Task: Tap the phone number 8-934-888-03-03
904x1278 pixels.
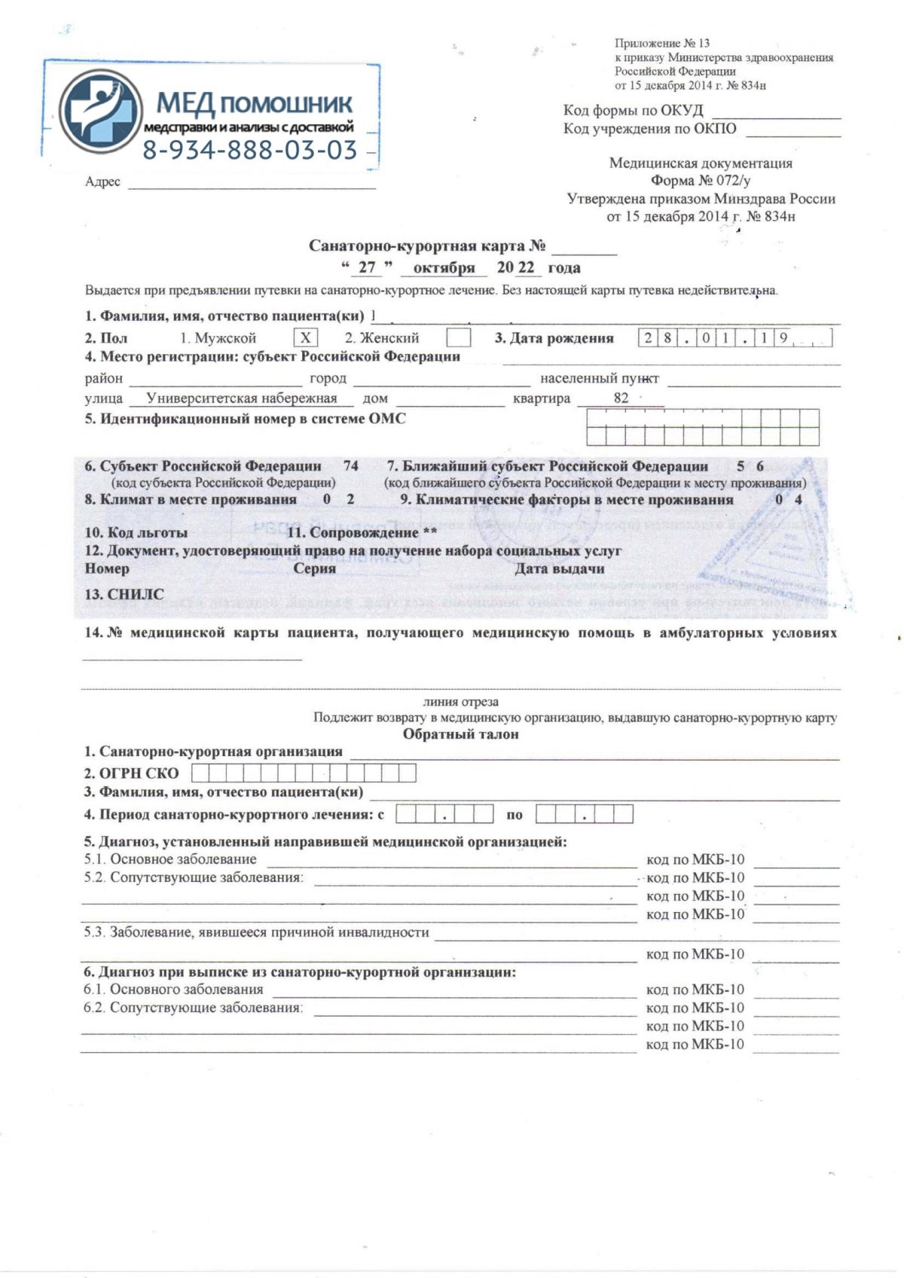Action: pos(250,151)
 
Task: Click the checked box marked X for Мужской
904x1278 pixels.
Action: pos(305,337)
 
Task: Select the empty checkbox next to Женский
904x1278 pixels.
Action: pos(458,337)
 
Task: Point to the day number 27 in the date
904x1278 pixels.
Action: pos(367,267)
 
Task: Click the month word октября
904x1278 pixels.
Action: pos(444,267)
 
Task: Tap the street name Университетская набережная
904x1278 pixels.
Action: pos(241,398)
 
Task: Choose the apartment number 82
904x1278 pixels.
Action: pos(621,398)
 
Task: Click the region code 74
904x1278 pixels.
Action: pos(350,466)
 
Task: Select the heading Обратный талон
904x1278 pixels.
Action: pos(460,734)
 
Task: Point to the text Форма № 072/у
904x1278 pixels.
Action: pos(701,181)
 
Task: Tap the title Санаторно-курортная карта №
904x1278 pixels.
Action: pos(426,246)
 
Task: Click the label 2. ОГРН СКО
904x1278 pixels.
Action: pos(131,773)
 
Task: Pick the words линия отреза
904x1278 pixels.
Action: pos(460,702)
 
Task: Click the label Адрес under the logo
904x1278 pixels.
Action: pos(102,182)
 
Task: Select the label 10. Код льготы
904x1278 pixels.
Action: pos(136,532)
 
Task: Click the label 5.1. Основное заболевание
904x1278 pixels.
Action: pos(170,859)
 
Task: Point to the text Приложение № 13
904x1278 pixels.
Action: pos(661,43)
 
